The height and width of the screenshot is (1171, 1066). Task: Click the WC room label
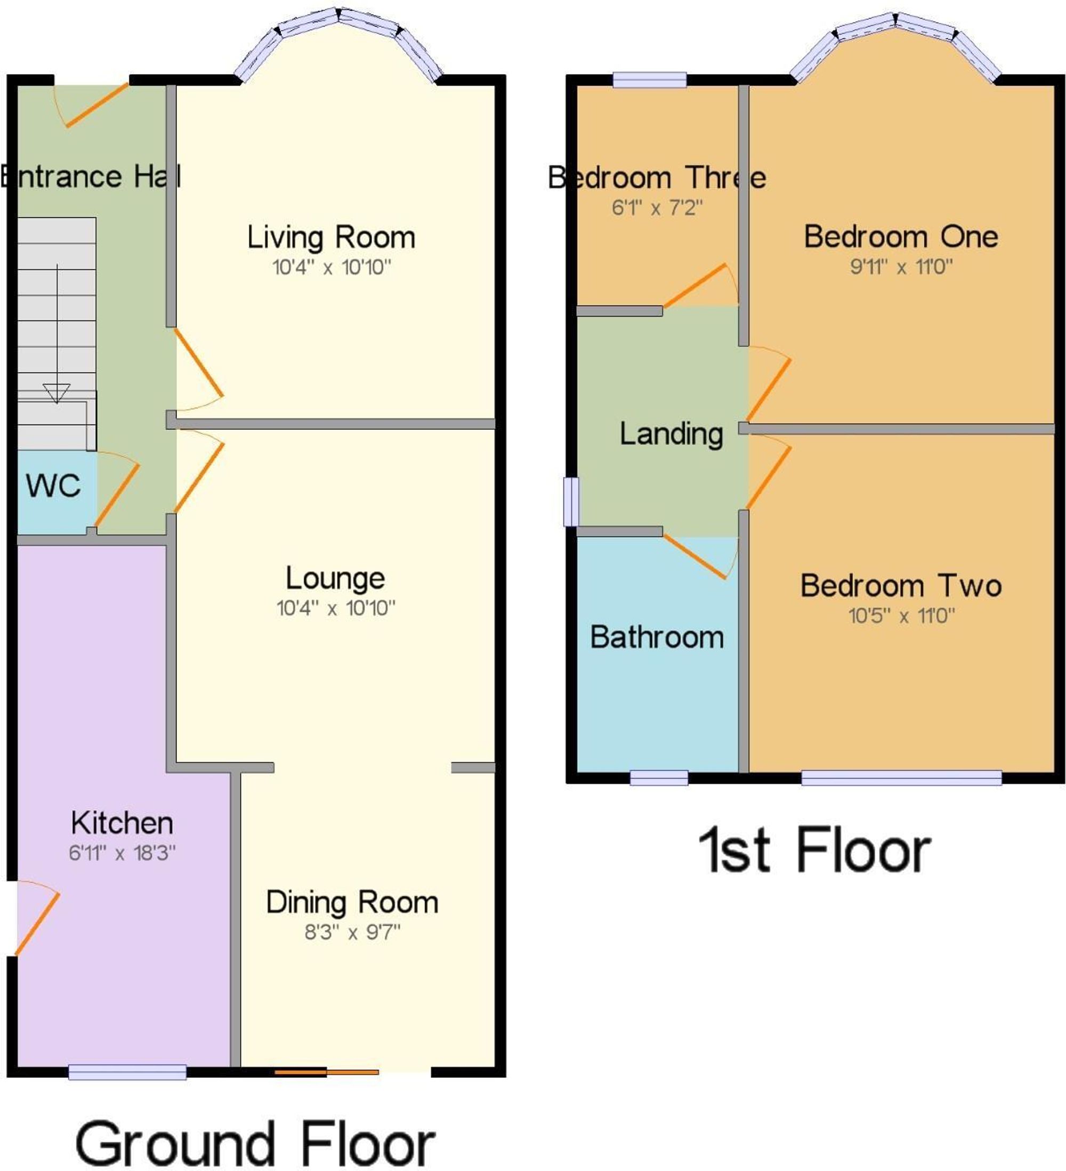click(53, 486)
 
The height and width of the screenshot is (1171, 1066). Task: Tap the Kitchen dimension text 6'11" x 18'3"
click(122, 853)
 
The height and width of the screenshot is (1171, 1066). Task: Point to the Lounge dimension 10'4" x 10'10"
click(336, 608)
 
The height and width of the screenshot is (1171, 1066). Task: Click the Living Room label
click(332, 237)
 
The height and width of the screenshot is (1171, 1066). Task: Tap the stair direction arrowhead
click(56, 392)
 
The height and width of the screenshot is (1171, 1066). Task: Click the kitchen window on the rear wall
click(127, 1071)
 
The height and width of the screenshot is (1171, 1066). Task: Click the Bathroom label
click(657, 637)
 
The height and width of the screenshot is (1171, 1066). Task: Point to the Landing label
click(672, 434)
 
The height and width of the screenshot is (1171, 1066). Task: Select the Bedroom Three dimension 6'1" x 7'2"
click(657, 208)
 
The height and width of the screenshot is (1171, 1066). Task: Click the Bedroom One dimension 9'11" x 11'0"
click(901, 267)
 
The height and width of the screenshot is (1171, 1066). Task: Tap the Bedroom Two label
click(901, 586)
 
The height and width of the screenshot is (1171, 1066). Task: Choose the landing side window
click(572, 501)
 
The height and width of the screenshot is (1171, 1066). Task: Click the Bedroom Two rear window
click(901, 778)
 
